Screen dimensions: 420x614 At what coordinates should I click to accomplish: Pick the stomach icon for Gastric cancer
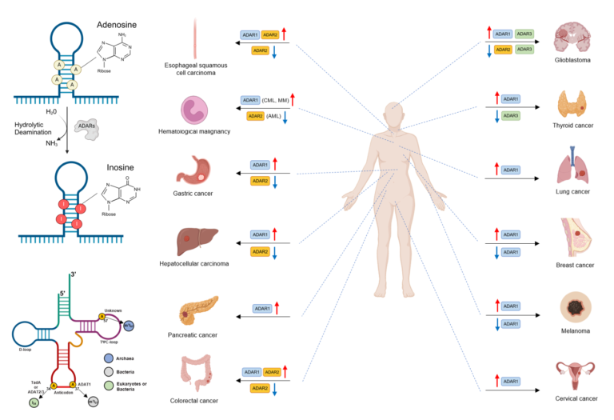point(194,166)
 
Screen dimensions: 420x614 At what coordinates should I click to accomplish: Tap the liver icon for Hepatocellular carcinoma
point(196,239)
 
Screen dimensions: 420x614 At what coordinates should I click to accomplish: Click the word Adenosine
point(118,25)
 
